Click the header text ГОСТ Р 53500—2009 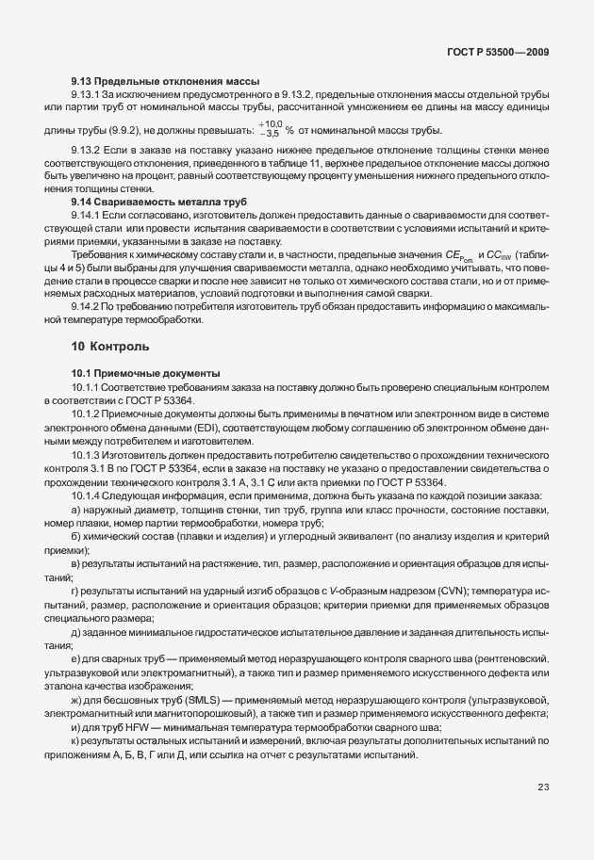pos(499,53)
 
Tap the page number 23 pos(543,814)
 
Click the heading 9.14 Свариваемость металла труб pos(159,202)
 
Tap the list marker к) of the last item pos(76,744)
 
